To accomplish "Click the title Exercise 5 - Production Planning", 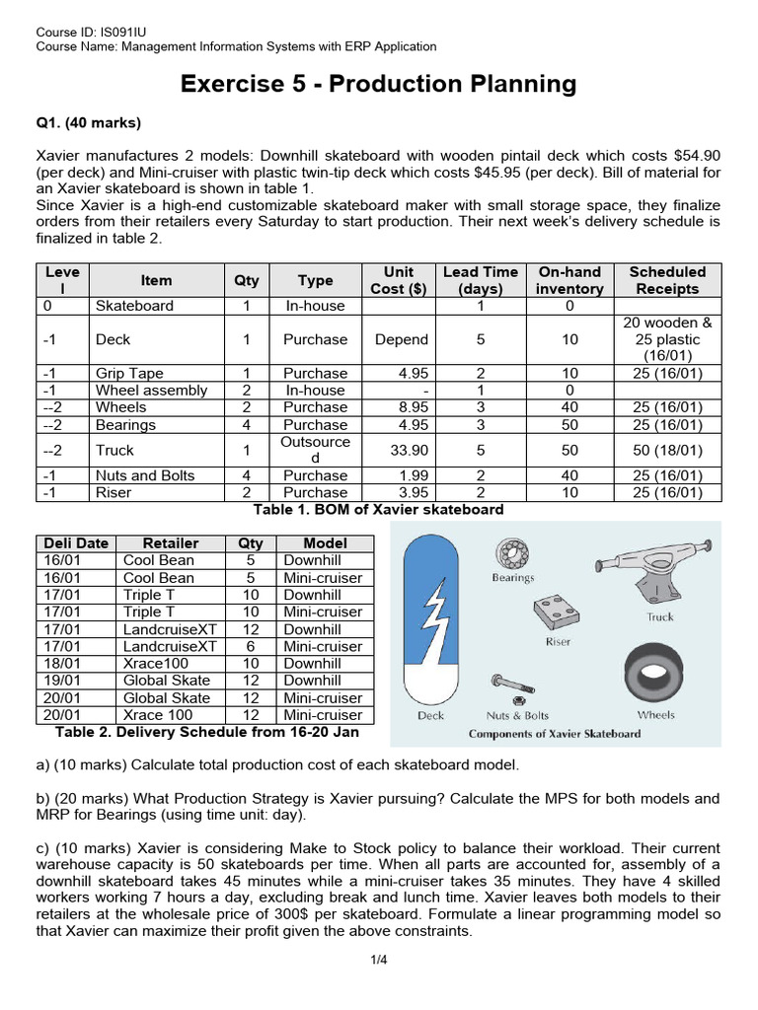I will pyautogui.click(x=378, y=84).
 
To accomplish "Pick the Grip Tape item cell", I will pyautogui.click(x=129, y=374).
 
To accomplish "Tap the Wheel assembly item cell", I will pyautogui.click(x=151, y=391).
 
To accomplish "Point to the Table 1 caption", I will pyautogui.click(x=378, y=510).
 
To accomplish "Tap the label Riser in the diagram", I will pyautogui.click(x=558, y=641).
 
